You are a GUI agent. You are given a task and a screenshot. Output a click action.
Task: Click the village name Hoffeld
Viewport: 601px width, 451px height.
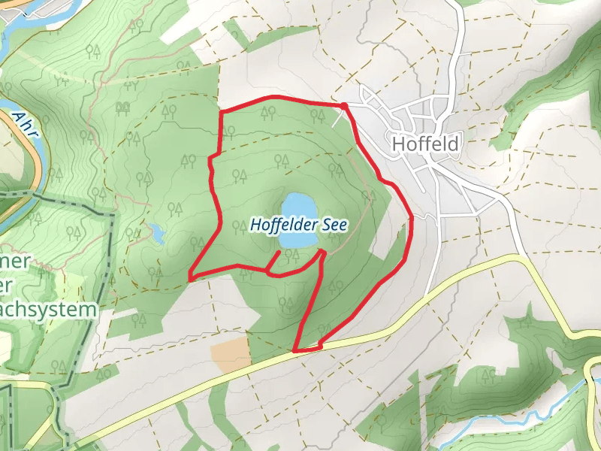(425, 143)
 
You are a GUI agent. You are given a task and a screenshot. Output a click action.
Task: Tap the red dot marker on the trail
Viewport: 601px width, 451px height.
(344, 106)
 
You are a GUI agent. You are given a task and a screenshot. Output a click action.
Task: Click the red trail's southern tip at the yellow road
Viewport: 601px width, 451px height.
(294, 350)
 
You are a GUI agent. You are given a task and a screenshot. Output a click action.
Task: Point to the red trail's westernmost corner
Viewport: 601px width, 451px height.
(189, 279)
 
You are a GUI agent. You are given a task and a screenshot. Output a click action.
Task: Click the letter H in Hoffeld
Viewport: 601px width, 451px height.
(399, 143)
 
